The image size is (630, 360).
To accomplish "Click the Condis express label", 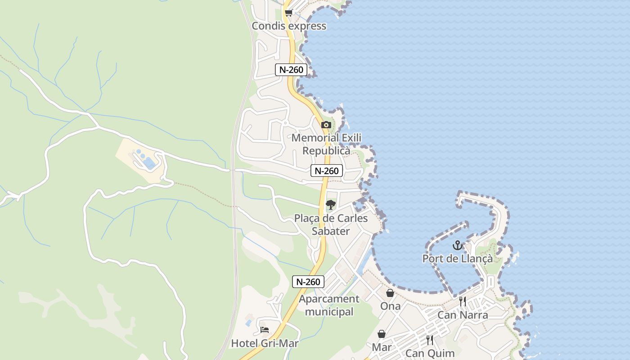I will click(x=289, y=26).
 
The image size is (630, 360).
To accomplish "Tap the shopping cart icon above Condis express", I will click(x=288, y=13).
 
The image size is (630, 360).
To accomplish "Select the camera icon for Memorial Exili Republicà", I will click(x=326, y=125).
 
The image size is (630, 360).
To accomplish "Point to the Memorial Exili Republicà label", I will click(x=326, y=144).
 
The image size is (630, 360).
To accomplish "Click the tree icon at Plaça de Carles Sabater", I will click(x=331, y=205).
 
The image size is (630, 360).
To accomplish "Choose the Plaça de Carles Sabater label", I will click(x=331, y=225).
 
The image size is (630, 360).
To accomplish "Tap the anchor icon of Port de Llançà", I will click(x=457, y=246).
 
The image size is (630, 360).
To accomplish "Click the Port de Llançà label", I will click(x=457, y=259).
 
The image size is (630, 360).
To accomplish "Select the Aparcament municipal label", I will click(x=329, y=305).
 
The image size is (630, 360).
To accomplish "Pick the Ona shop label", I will click(x=390, y=306).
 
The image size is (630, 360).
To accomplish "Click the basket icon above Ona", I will click(x=390, y=293).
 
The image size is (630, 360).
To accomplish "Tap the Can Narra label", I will click(x=463, y=315).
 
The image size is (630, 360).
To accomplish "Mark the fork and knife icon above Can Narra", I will click(x=463, y=301).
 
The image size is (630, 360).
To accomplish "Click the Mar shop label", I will click(x=382, y=347).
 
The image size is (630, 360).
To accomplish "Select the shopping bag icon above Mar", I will click(x=382, y=334).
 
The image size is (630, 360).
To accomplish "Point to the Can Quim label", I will click(x=430, y=353).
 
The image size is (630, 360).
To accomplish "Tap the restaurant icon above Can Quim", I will click(x=430, y=340).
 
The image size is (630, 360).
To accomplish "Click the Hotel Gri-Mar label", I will click(x=265, y=343).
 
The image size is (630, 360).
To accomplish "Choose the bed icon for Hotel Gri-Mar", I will click(x=265, y=330).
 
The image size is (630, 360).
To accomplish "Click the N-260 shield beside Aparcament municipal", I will click(x=308, y=282).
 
